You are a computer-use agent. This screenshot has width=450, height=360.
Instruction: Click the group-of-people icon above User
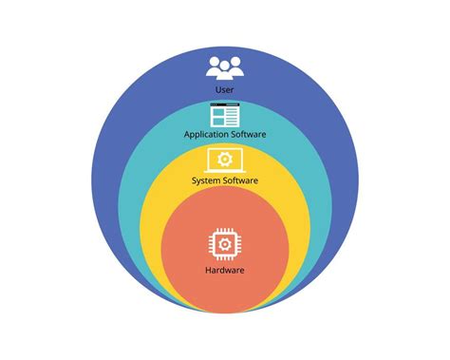coord(225,67)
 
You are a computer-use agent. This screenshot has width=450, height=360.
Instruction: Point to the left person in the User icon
coord(213,69)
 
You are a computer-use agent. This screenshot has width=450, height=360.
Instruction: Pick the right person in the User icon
coord(237,69)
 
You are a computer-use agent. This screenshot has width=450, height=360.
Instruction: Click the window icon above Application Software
coord(225,116)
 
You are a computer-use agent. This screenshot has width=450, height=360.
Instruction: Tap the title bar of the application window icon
coord(225,107)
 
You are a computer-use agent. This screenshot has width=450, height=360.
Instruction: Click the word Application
coord(207,135)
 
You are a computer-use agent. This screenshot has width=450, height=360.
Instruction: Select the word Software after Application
coord(248,135)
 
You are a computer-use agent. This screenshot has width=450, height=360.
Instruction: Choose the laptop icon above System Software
coord(225,160)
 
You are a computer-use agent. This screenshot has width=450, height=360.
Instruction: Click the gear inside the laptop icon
coord(225,158)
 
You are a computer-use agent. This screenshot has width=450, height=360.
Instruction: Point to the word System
coord(208,180)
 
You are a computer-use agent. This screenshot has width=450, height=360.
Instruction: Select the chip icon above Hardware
coord(225,244)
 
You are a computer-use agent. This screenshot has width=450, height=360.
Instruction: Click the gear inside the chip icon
coord(225,244)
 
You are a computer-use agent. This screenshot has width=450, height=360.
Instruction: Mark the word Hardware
coord(225,270)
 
